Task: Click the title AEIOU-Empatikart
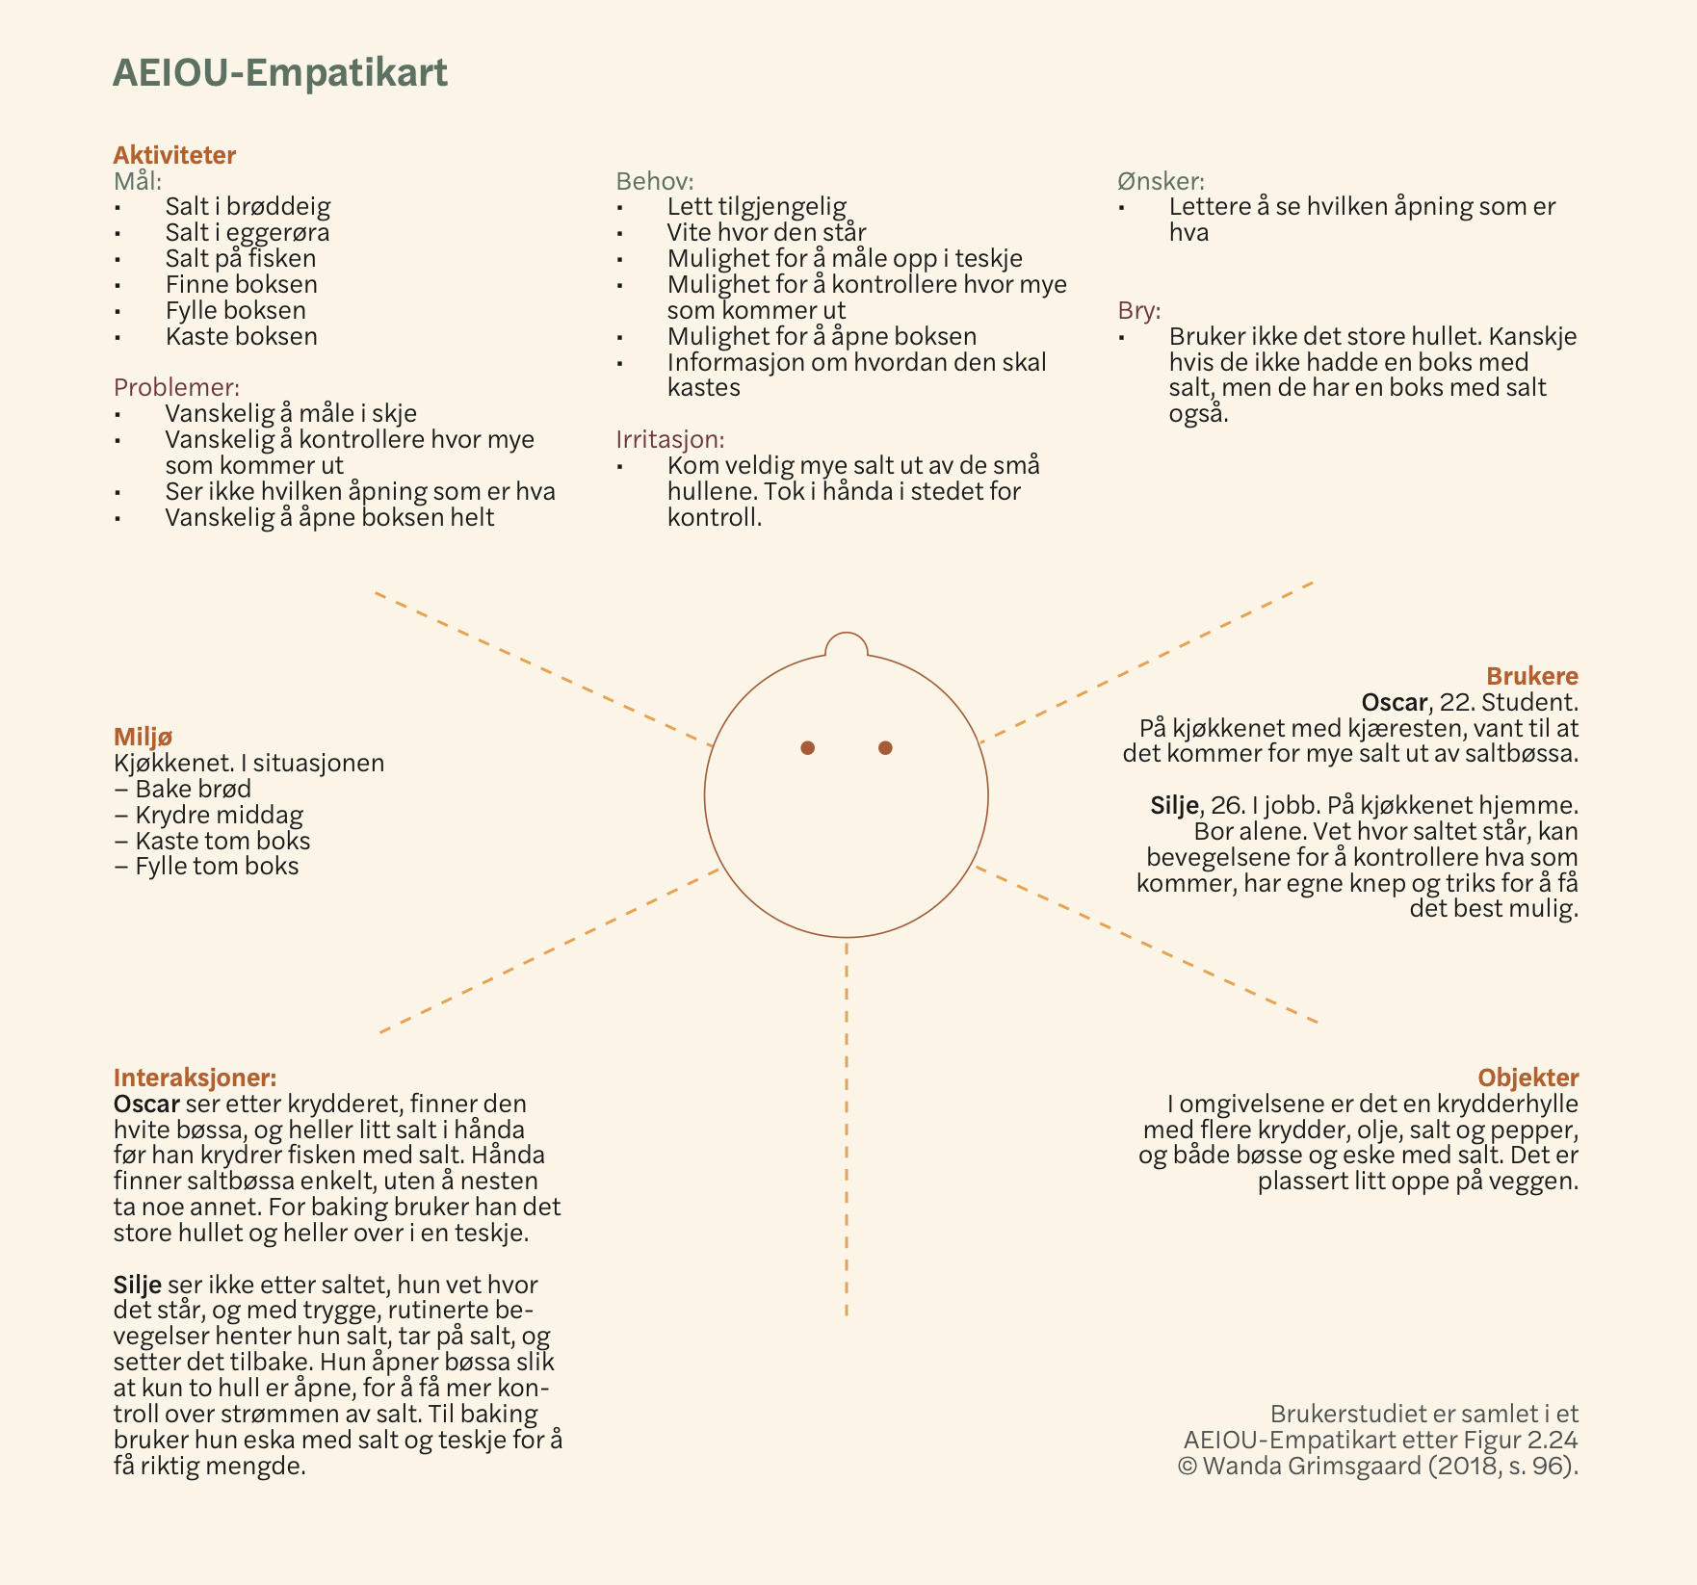279,73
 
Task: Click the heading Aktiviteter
174,155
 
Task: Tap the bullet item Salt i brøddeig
248,206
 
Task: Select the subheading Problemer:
176,387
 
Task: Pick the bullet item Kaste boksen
241,336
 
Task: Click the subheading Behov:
655,181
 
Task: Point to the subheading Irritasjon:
670,439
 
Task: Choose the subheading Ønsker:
1161,181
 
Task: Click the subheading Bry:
1139,311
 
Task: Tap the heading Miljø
143,737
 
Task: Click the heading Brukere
1531,676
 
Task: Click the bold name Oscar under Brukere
1394,702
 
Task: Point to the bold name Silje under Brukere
1174,805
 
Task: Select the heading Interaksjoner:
195,1078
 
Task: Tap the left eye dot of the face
808,748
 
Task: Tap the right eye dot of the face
885,748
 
